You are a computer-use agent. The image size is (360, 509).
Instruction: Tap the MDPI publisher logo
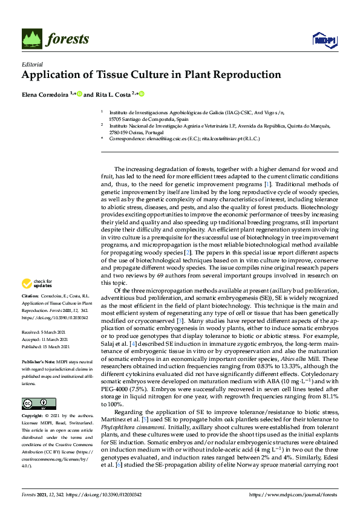tap(324, 41)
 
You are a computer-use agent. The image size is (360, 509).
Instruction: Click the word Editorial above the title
tap(32, 64)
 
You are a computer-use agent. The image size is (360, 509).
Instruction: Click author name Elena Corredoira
tap(45, 94)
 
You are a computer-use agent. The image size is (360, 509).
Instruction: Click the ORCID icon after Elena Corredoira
tap(79, 94)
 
